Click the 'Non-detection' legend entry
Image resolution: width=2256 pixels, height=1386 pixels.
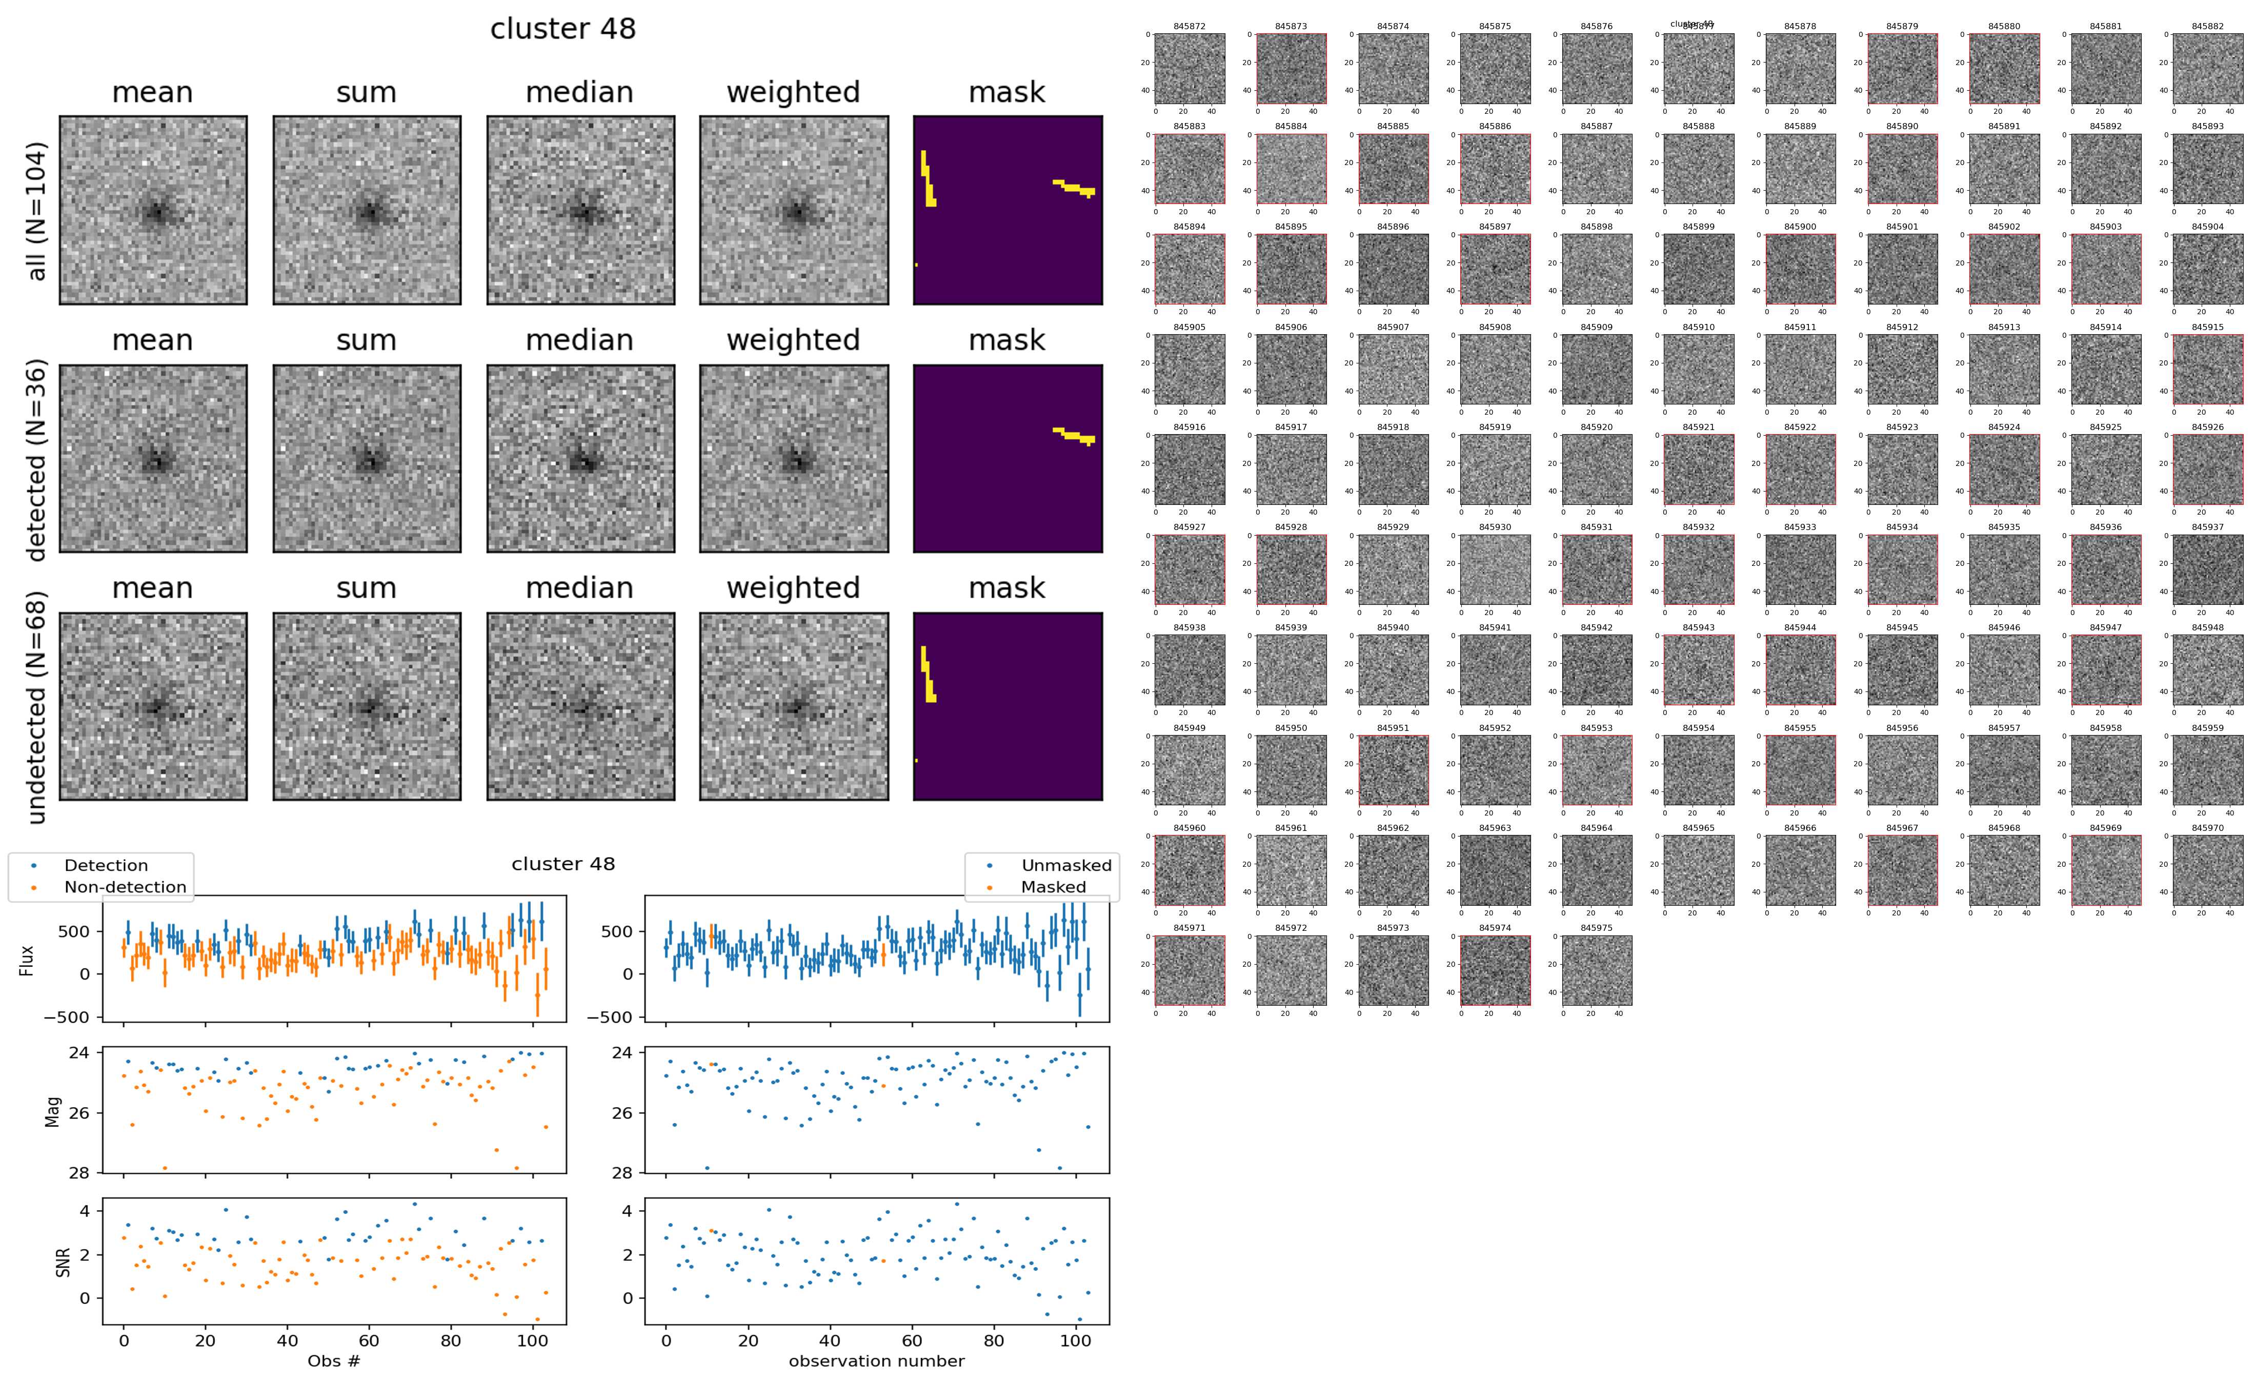coord(125,886)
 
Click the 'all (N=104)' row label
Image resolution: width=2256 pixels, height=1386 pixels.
coord(37,211)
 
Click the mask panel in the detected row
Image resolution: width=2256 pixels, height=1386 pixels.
coord(1008,458)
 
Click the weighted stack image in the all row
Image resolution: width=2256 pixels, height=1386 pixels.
coord(794,210)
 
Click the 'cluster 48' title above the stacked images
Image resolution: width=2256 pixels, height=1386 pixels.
coord(563,29)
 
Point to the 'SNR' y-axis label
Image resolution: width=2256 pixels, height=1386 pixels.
coord(63,1261)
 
